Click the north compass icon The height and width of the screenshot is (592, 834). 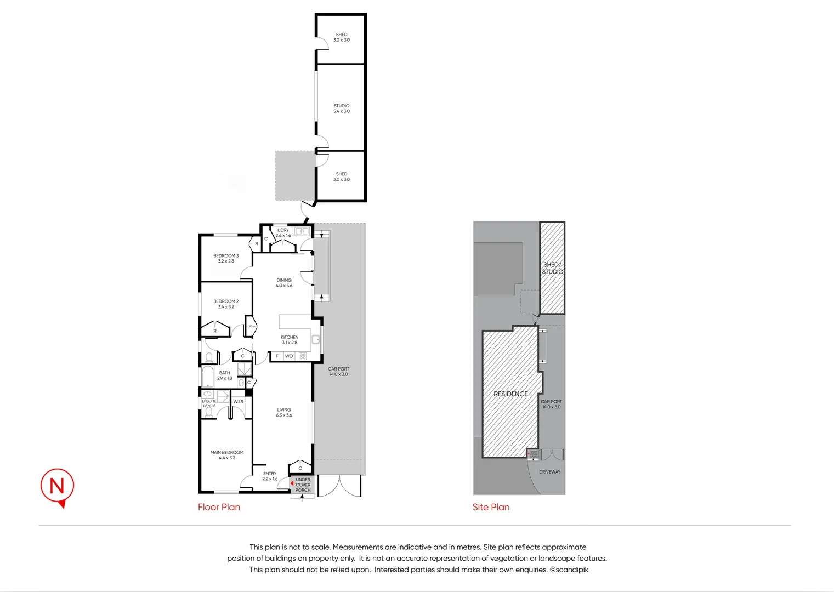coord(57,486)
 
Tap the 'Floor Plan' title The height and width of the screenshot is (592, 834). coord(219,507)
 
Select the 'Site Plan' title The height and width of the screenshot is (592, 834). coord(491,507)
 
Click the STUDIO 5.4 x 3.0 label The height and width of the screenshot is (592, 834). coord(341,109)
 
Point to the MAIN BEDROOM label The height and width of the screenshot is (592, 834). coord(227,455)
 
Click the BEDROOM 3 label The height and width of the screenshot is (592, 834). coord(226,258)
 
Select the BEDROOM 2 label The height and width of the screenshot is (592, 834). coord(226,304)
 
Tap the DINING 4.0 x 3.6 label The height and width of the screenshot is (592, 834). coord(284,283)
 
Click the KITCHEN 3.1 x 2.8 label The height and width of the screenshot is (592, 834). coord(290,340)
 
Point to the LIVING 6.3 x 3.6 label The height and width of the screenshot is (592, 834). coord(284,412)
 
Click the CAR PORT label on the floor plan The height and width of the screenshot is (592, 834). coord(338,372)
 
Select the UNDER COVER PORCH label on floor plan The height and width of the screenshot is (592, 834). coord(303,485)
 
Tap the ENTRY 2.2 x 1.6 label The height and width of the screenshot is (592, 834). coord(270,476)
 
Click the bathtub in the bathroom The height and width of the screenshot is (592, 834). coord(208,377)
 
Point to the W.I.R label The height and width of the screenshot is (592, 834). coord(239,402)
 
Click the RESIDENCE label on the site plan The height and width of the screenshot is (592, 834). coord(510,394)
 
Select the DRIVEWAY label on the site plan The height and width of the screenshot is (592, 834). coord(549,471)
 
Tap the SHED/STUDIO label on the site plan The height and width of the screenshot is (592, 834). coord(552,268)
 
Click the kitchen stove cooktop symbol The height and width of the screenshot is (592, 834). coord(303,356)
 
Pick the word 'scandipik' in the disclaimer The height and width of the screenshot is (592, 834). coord(572,570)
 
